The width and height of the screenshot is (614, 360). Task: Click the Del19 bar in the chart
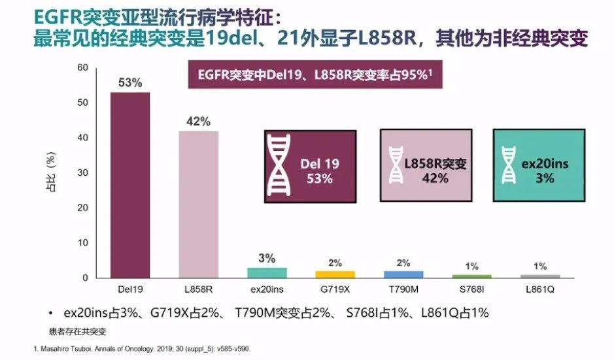click(129, 185)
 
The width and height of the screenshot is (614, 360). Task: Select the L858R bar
click(199, 204)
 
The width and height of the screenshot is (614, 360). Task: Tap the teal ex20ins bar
click(267, 272)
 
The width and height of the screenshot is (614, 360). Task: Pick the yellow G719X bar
click(335, 274)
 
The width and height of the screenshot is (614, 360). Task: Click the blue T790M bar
click(403, 274)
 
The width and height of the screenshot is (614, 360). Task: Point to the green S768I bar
click(471, 276)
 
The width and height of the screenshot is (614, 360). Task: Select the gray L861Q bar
click(539, 276)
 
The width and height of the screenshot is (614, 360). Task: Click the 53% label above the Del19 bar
click(129, 84)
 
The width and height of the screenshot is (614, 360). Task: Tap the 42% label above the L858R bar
click(199, 122)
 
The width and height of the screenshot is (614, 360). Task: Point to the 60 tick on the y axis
click(82, 68)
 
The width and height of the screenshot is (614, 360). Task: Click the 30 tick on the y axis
click(82, 173)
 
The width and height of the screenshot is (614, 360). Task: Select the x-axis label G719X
click(335, 287)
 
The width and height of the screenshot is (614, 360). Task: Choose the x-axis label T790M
click(403, 287)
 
